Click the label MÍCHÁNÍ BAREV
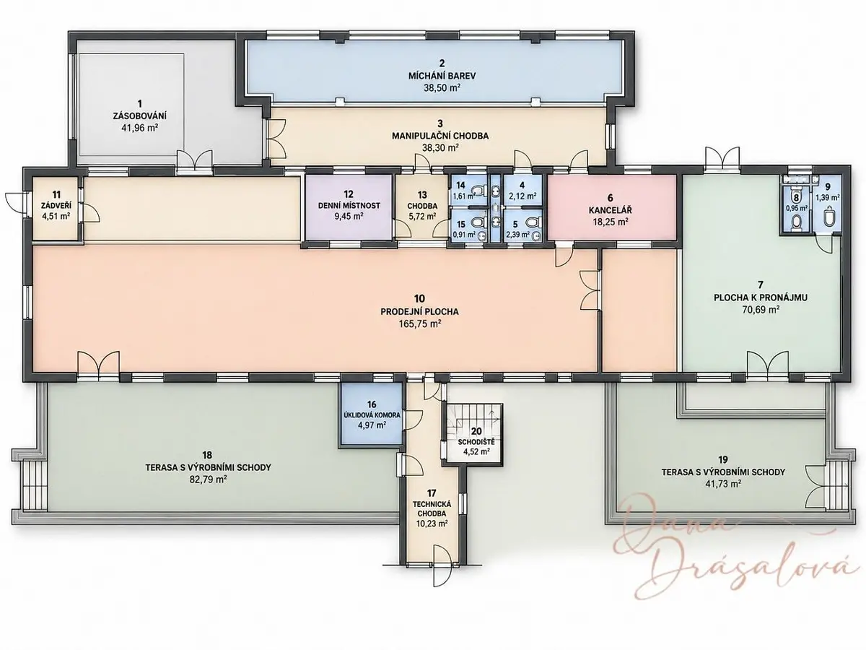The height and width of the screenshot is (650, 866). pyautogui.click(x=442, y=75)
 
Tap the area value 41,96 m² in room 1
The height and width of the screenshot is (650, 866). pyautogui.click(x=140, y=128)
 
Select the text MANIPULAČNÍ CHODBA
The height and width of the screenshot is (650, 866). pyautogui.click(x=440, y=136)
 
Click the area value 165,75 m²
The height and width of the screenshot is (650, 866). pyautogui.click(x=419, y=324)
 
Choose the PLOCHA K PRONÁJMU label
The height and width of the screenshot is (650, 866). pyautogui.click(x=760, y=298)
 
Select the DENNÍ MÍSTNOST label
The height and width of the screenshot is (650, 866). pyautogui.click(x=349, y=206)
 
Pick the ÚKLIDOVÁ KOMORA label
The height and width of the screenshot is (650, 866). pyautogui.click(x=371, y=415)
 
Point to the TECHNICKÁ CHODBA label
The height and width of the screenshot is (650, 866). pyautogui.click(x=432, y=509)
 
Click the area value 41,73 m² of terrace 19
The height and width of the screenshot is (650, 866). pyautogui.click(x=723, y=484)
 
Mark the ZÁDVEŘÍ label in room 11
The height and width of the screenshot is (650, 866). pyautogui.click(x=56, y=206)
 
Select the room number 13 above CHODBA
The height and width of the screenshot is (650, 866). pyautogui.click(x=422, y=194)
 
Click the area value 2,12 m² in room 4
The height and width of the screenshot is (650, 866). pyautogui.click(x=523, y=196)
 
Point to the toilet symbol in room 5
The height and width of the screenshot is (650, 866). pyautogui.click(x=533, y=223)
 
